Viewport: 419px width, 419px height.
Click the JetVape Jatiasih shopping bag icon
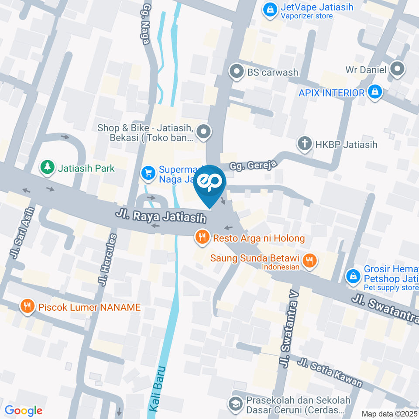pyautogui.click(x=270, y=9)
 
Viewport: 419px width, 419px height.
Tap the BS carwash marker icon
pyautogui.click(x=237, y=72)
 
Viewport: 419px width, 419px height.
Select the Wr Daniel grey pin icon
pyautogui.click(x=397, y=69)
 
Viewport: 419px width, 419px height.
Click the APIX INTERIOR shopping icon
pyautogui.click(x=374, y=93)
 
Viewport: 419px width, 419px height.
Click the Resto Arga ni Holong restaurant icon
pyautogui.click(x=201, y=238)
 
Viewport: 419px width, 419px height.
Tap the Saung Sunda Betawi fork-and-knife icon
pyautogui.click(x=309, y=261)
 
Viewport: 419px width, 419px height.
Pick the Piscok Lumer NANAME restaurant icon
pyautogui.click(x=27, y=306)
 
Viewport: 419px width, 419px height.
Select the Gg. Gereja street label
pyautogui.click(x=254, y=165)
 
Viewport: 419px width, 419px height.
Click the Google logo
pyautogui.click(x=24, y=410)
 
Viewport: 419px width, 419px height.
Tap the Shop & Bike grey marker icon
pyautogui.click(x=203, y=131)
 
